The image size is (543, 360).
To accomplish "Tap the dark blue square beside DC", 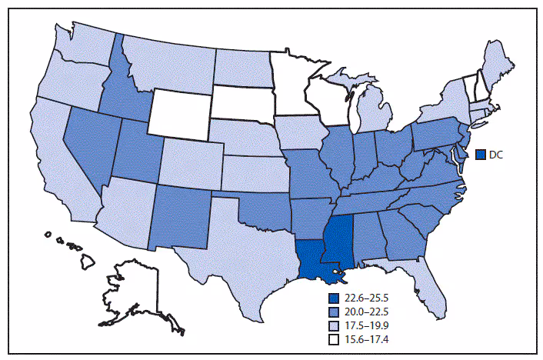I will [x=481, y=155].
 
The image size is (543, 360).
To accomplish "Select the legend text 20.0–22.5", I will [x=364, y=312].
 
